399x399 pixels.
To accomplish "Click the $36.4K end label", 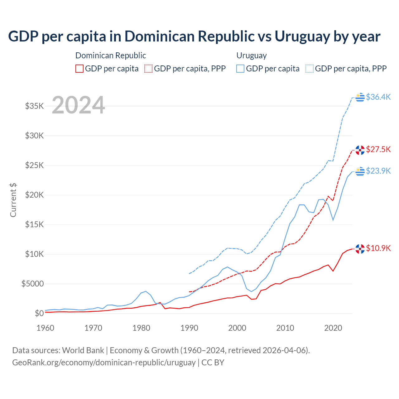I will click(378, 97).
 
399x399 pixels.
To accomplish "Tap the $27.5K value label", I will click(378, 149).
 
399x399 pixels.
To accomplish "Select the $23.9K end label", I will click(378, 171).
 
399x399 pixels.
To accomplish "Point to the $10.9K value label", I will click(378, 248).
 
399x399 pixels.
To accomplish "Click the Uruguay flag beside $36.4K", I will click(360, 97).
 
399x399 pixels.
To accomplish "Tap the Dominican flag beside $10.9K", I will click(360, 249).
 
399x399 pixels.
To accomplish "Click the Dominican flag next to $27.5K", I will click(360, 150).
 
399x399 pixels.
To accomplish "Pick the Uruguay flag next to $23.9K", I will click(360, 171).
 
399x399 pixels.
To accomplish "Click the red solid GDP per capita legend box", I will click(79, 69).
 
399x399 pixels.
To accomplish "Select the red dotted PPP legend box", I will click(149, 69).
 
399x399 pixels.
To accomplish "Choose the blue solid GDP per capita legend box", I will click(240, 69).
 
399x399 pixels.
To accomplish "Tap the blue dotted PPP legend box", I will click(310, 69).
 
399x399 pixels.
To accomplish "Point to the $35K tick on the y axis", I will click(34, 106).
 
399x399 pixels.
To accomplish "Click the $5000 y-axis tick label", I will click(32, 284).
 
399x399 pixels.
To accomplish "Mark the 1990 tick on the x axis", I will click(189, 328).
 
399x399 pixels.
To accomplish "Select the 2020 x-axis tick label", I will click(333, 328).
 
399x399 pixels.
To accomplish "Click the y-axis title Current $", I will click(13, 200).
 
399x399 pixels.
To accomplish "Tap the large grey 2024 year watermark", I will click(78, 105).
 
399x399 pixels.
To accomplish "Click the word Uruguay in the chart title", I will click(302, 36).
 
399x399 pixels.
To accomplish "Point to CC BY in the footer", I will click(213, 363).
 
